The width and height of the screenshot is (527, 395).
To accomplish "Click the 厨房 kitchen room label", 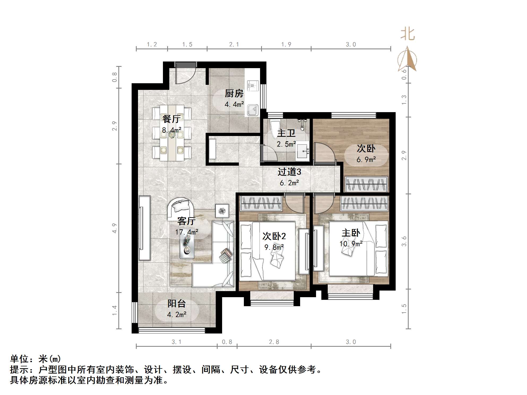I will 234,94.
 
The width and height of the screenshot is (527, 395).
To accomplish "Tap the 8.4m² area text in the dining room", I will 171,130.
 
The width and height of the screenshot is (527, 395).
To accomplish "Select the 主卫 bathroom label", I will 286,133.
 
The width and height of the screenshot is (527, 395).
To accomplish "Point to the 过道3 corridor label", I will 289,172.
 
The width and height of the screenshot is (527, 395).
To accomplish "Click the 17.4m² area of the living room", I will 187,232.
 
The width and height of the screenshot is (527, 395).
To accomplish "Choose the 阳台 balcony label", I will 176,304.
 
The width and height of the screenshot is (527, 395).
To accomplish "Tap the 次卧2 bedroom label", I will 274,236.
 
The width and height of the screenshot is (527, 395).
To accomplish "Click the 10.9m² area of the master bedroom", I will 351,244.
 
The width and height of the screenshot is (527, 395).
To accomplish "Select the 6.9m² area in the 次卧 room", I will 366,160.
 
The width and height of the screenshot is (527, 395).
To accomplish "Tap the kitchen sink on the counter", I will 252,110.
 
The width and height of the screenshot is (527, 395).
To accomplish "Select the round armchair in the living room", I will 180,208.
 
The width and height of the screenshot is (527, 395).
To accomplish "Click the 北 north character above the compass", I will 407,34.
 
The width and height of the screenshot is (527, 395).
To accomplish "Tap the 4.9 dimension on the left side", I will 114,228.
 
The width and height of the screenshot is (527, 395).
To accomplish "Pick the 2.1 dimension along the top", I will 234,45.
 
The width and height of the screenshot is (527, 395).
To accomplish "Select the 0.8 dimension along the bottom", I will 227,342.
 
